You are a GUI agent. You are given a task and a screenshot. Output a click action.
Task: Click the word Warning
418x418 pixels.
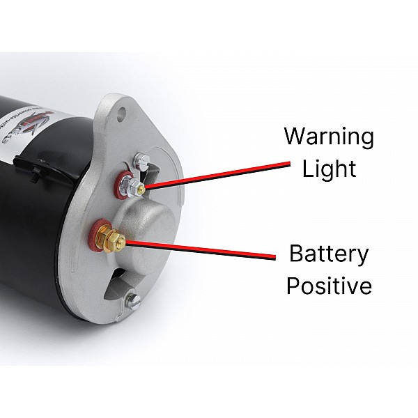pos(329,136)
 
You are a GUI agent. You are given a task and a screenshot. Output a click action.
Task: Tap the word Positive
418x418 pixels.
pos(330,285)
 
